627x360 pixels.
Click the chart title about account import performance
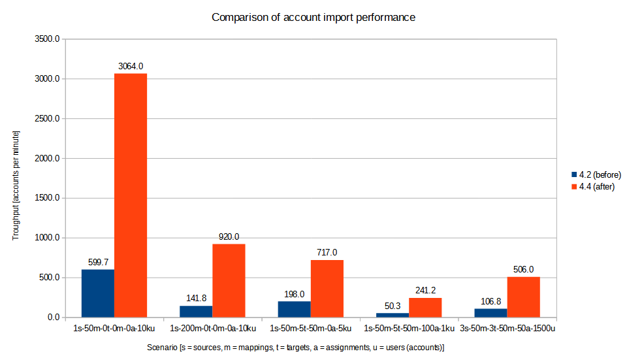[313, 18]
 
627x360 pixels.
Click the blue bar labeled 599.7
[98, 293]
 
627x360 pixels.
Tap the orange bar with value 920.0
[229, 280]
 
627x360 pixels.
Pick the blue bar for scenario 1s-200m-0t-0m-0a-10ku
[196, 312]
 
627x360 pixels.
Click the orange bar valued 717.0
[327, 288]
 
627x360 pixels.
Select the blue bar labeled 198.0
[295, 309]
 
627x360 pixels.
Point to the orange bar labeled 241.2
[425, 307]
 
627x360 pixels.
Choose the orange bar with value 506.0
[523, 297]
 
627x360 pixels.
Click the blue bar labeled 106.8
[490, 313]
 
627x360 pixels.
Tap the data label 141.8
[196, 299]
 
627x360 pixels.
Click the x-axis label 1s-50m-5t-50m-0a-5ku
[311, 328]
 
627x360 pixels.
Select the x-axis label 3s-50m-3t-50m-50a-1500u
[507, 328]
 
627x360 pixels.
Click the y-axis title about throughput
[16, 185]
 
